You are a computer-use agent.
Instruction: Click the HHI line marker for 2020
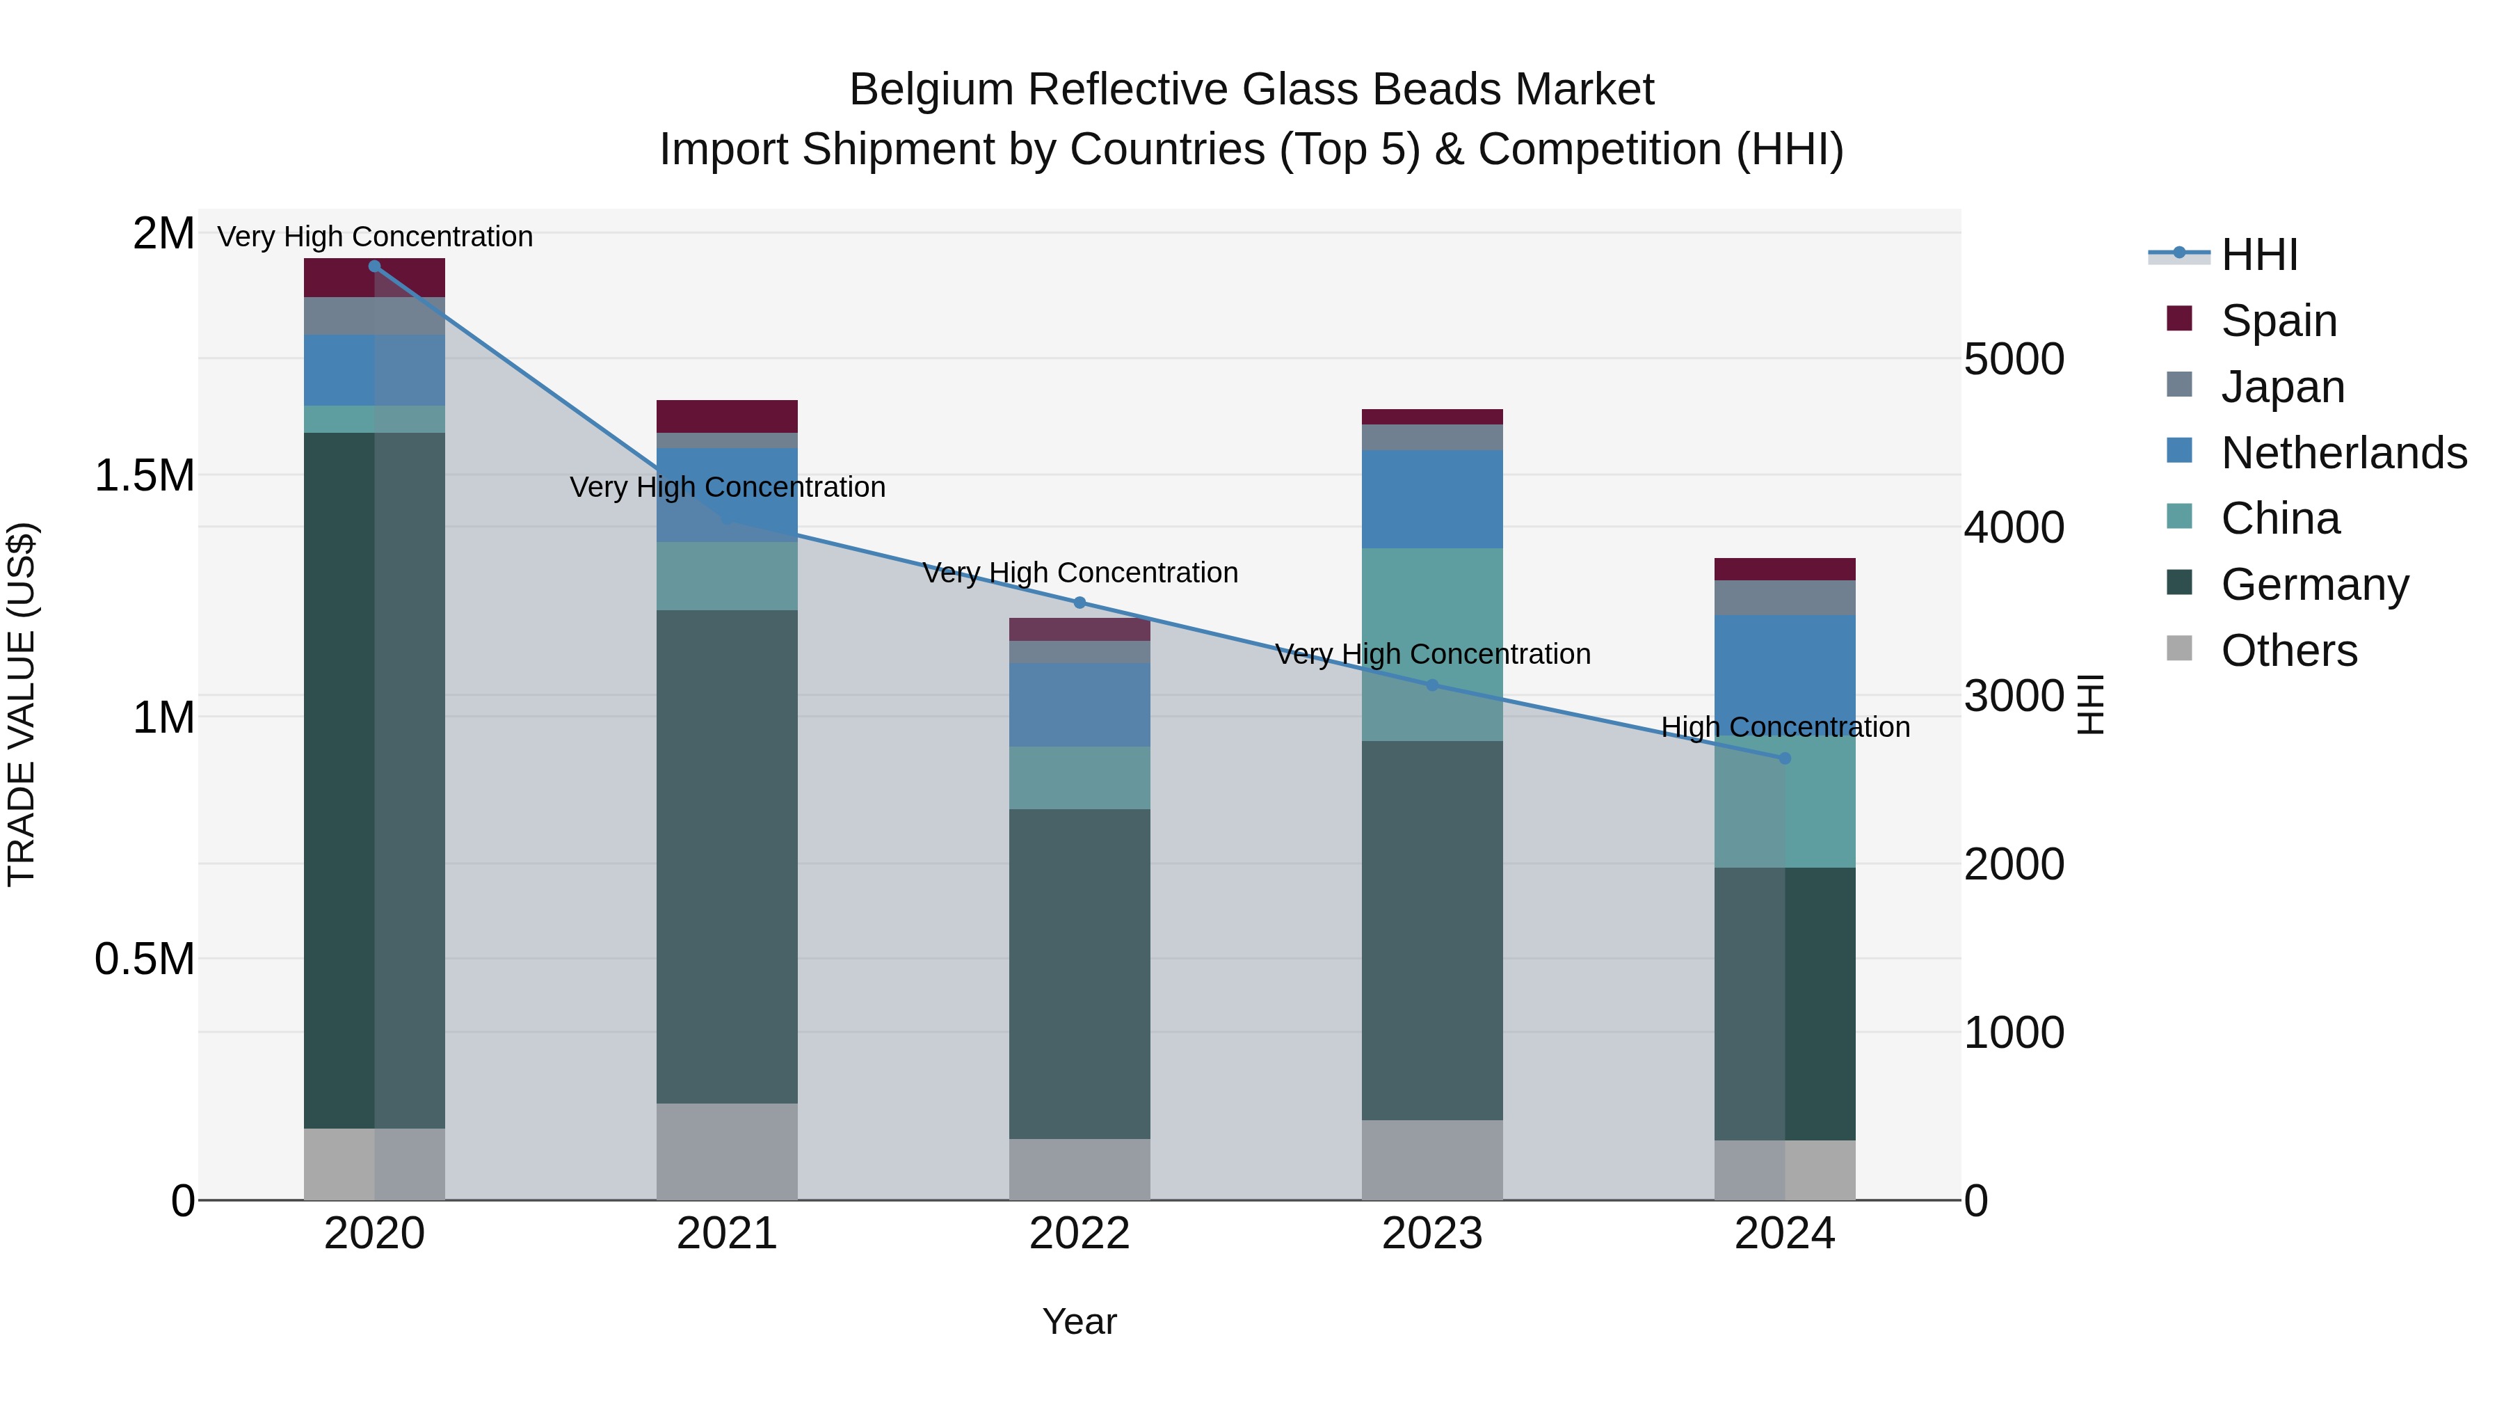[374, 266]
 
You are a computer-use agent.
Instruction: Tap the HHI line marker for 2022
[1079, 603]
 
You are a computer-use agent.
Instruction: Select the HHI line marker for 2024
[1785, 758]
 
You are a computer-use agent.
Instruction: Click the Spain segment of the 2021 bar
[727, 416]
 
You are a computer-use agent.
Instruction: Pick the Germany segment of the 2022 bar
[1079, 973]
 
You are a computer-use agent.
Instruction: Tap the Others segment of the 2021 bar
[727, 1152]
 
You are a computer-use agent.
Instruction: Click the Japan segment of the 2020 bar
[374, 316]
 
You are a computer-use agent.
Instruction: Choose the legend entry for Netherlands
[2343, 453]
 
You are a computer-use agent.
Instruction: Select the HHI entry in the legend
[2258, 255]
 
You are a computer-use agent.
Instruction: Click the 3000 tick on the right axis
[2013, 696]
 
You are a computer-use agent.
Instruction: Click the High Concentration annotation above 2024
[1785, 727]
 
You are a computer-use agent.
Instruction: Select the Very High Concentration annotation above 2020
[374, 237]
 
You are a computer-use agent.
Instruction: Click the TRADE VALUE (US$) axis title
[22, 704]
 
